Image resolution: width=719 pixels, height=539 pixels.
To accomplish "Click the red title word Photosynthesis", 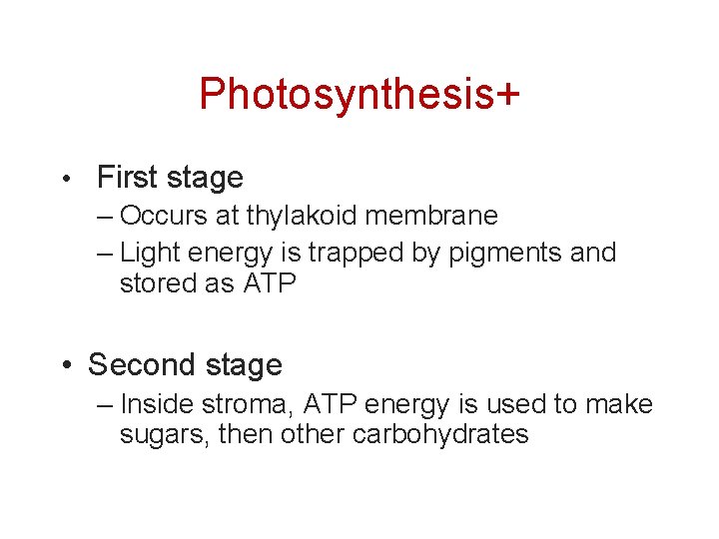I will pyautogui.click(x=346, y=95).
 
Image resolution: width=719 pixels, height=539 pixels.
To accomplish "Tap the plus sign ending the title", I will pyautogui.click(x=506, y=95).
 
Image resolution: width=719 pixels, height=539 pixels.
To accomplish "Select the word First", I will pyautogui.click(x=126, y=178).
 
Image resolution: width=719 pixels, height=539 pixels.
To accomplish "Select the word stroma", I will pyautogui.click(x=249, y=404).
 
